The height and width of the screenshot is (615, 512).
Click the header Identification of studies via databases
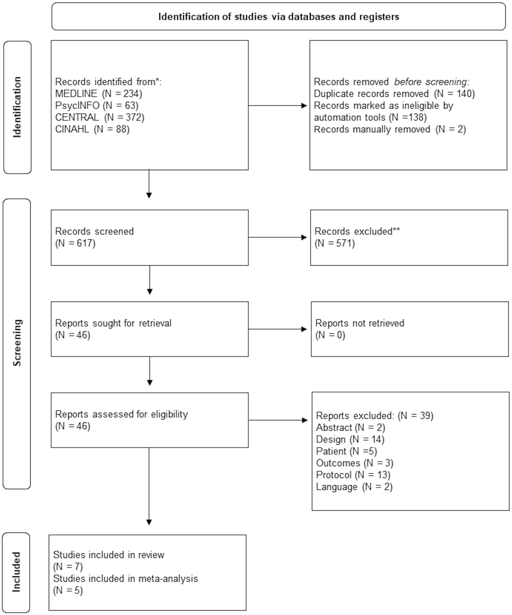point(279,17)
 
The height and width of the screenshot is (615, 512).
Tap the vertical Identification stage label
point(17,107)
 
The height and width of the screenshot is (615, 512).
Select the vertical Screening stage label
point(17,343)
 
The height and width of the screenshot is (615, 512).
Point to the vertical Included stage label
point(17,572)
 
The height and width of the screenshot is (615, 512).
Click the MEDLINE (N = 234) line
point(99,93)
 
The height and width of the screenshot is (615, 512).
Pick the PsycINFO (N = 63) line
point(97,105)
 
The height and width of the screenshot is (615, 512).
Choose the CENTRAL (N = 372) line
point(100,117)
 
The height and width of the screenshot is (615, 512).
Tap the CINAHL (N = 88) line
point(92,129)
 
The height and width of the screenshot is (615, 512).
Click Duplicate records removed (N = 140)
point(394,94)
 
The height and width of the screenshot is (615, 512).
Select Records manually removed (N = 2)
point(390,130)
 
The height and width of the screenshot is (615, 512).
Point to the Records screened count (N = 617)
point(76,243)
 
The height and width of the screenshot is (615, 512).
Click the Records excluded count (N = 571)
point(335,243)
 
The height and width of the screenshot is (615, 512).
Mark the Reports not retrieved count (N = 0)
point(330,335)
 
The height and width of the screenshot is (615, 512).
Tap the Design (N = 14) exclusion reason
point(350,439)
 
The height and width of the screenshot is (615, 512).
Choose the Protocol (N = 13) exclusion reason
point(353,475)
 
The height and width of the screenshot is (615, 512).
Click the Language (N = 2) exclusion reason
point(354,487)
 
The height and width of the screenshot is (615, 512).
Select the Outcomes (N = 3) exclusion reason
point(355,463)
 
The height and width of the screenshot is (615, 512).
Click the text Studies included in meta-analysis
point(125,579)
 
